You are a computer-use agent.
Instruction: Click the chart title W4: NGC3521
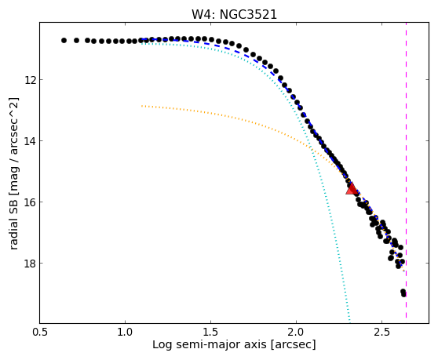(234, 15)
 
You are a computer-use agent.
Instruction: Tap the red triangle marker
(352, 189)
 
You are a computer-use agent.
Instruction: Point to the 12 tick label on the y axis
(30, 80)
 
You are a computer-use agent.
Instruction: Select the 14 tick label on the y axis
(30, 141)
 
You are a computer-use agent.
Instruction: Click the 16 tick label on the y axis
(30, 202)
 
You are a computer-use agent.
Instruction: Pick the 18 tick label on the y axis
(30, 264)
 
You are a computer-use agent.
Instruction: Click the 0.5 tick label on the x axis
(40, 332)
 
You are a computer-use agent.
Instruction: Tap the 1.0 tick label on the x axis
(125, 332)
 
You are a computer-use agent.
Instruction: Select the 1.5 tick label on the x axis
(210, 332)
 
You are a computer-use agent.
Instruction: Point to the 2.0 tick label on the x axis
(297, 332)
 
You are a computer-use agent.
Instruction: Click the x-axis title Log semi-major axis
(210, 345)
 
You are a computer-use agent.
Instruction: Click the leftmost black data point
(64, 41)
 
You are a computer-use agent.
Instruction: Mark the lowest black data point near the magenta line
(403, 294)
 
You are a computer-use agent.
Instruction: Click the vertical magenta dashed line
(406, 170)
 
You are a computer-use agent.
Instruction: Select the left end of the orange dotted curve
(142, 106)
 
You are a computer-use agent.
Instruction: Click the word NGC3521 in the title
(248, 15)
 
